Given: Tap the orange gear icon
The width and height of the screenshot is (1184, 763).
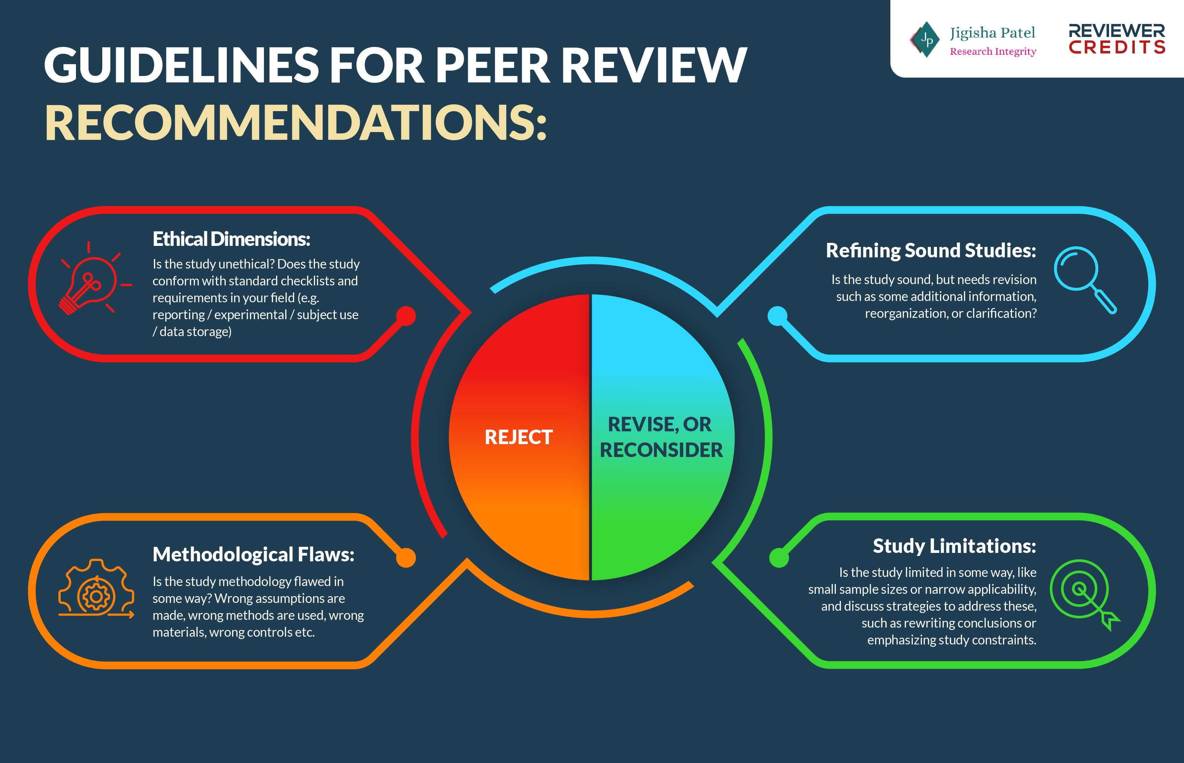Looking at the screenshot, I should pyautogui.click(x=96, y=590).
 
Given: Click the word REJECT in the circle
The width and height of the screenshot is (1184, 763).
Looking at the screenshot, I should pyautogui.click(x=518, y=437).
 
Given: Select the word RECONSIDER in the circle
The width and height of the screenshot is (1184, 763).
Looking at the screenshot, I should pyautogui.click(x=661, y=450).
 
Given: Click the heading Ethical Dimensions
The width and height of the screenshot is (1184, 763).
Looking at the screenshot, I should pyautogui.click(x=231, y=239).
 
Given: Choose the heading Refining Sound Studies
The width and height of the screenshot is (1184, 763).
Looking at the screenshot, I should pyautogui.click(x=931, y=251).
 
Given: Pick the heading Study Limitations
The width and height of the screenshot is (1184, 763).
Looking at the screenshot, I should pyautogui.click(x=954, y=546).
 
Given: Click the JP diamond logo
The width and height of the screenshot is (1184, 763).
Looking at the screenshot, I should pyautogui.click(x=925, y=40).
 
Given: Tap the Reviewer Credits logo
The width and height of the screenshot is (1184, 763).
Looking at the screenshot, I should pyautogui.click(x=1117, y=39).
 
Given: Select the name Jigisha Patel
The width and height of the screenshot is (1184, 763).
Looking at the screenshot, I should pyautogui.click(x=992, y=33).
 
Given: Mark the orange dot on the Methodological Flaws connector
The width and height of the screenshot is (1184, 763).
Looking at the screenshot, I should pyautogui.click(x=406, y=557).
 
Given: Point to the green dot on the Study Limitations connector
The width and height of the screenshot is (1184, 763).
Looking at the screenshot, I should pyautogui.click(x=779, y=557).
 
